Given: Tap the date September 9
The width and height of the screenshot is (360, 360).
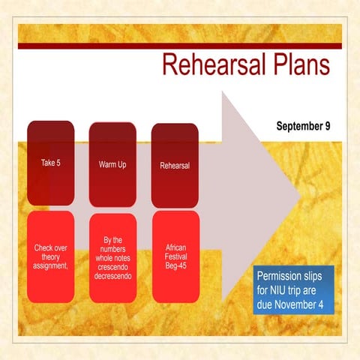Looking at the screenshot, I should (x=303, y=125).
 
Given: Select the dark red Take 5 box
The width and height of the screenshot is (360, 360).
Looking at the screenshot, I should (x=50, y=163).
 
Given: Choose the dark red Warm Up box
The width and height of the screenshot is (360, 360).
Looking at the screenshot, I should (x=112, y=163).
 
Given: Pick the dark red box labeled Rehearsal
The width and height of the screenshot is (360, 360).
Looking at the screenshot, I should (x=175, y=164).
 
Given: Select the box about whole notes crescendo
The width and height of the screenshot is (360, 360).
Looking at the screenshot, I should (x=112, y=256).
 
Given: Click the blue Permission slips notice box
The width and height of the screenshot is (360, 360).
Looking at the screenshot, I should (x=293, y=289).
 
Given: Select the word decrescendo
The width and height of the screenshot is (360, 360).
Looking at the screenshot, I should (x=112, y=276).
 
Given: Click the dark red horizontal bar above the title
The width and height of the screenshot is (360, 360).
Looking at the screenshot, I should (x=180, y=46).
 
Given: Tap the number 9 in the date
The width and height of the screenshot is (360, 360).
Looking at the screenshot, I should (x=328, y=125).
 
